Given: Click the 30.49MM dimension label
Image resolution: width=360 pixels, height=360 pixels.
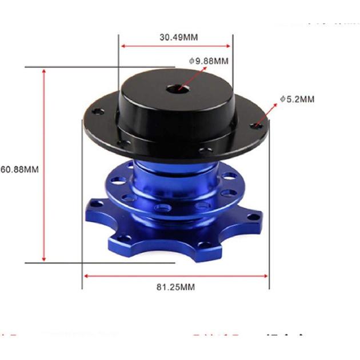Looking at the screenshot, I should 175,37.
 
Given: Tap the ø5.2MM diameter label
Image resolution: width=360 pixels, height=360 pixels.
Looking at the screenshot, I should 297,99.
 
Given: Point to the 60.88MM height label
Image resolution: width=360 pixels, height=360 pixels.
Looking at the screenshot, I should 19,170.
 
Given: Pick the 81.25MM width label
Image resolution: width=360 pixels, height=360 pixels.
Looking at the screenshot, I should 175,287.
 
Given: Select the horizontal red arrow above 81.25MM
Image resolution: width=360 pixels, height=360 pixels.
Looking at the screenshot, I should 175,275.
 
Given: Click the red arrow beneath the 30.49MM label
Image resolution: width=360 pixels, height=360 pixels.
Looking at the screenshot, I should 175,46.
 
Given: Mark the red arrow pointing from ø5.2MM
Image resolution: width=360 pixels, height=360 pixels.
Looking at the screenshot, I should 266,114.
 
